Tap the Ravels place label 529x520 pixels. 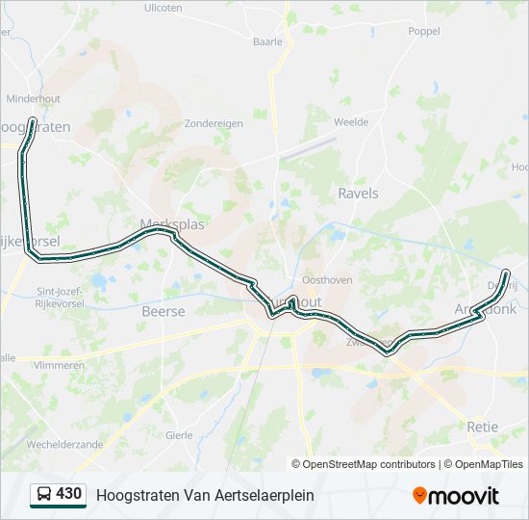(358, 194)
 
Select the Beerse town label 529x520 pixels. (163, 311)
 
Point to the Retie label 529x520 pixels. (483, 427)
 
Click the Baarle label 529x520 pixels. (267, 41)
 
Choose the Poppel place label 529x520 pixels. (424, 31)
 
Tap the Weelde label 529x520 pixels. (350, 122)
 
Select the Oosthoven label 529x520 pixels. (327, 280)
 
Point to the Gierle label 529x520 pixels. (180, 434)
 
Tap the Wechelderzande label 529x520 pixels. (64, 445)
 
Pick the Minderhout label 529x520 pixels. (34, 98)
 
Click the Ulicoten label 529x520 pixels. (163, 8)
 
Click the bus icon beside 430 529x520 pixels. (43, 494)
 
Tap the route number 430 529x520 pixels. (68, 494)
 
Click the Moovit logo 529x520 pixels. (456, 495)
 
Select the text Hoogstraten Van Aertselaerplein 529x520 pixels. (205, 495)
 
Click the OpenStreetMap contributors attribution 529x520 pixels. (368, 464)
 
